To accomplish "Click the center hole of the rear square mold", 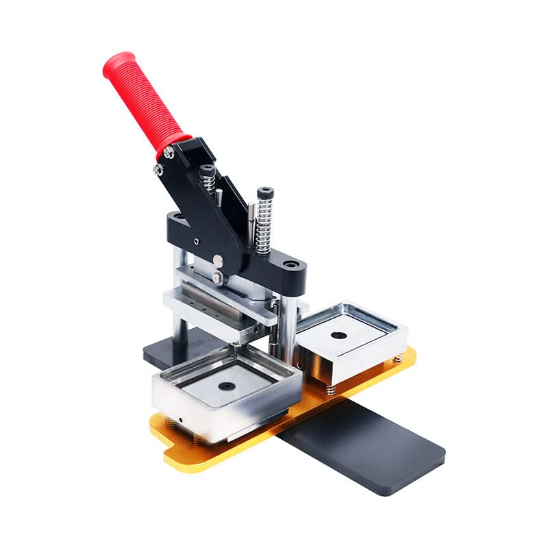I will pyautogui.click(x=337, y=336).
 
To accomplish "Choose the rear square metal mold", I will pyautogui.click(x=349, y=342).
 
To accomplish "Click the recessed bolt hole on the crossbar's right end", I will pyautogui.click(x=292, y=263).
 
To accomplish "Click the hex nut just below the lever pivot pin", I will pyautogui.click(x=218, y=277).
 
